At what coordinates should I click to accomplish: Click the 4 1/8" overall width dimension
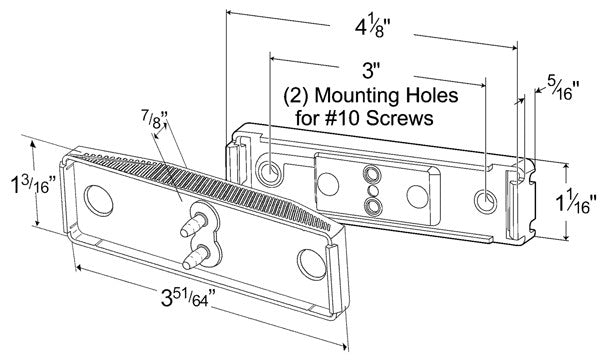(x=373, y=28)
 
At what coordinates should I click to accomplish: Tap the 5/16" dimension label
(x=563, y=88)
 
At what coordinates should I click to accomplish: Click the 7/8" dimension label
(x=155, y=118)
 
